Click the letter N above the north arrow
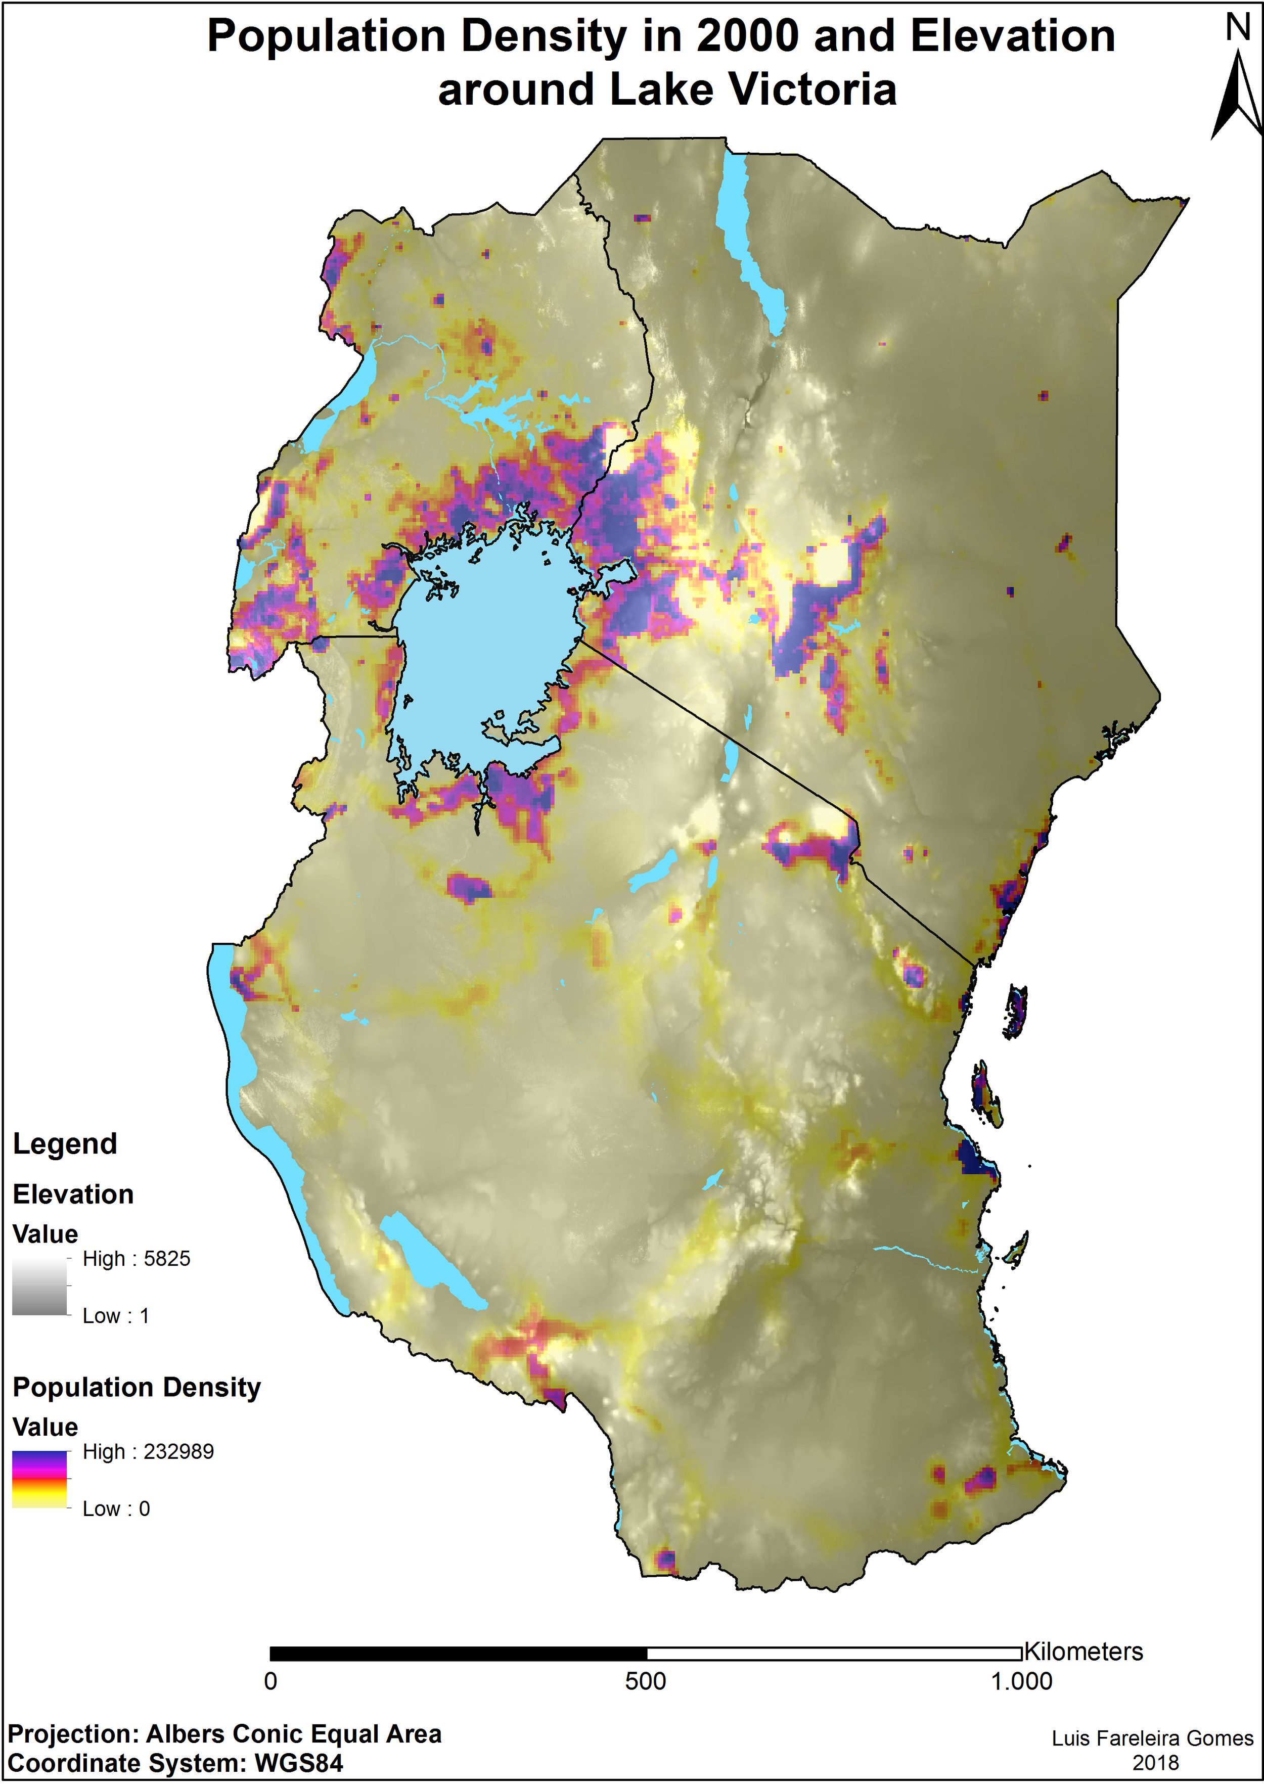coord(1238,28)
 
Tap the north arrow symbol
coord(1238,94)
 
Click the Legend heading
coord(65,1143)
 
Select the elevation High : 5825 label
coord(136,1259)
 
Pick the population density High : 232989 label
coord(148,1451)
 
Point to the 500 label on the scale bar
coord(645,1681)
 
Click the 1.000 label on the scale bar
coord(1021,1681)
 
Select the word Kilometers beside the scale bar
coord(1084,1652)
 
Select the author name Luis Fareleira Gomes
coord(1152,1738)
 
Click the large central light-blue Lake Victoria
coord(482,654)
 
